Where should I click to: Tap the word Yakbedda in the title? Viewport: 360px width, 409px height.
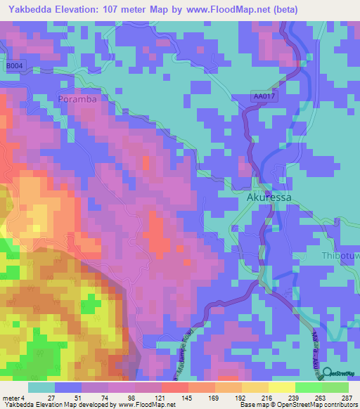click(x=32, y=10)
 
